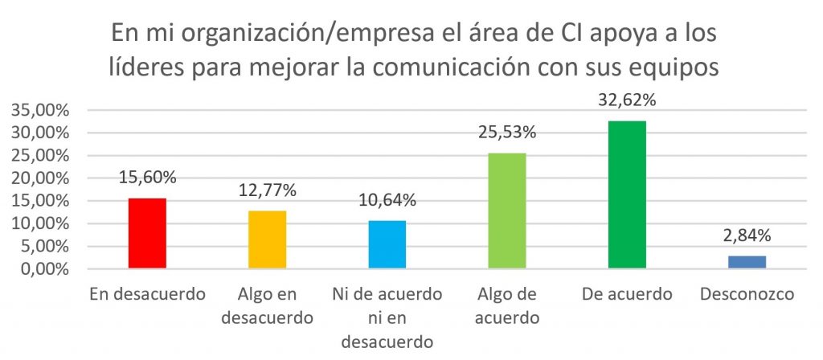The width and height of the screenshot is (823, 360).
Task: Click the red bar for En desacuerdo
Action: pos(147,233)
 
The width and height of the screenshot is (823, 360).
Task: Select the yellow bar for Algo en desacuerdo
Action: pos(268,239)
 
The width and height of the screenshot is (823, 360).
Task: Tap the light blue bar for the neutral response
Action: pos(387,244)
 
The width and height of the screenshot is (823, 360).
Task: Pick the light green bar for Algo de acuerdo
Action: pos(507,211)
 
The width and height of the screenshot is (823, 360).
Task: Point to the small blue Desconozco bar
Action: pos(747,262)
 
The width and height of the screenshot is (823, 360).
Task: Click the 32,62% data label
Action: pos(628,103)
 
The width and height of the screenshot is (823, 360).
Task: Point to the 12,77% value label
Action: pos(268,191)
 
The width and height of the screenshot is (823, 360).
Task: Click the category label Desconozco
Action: pos(747,295)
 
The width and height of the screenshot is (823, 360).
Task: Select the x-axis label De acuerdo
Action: pos(627,295)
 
